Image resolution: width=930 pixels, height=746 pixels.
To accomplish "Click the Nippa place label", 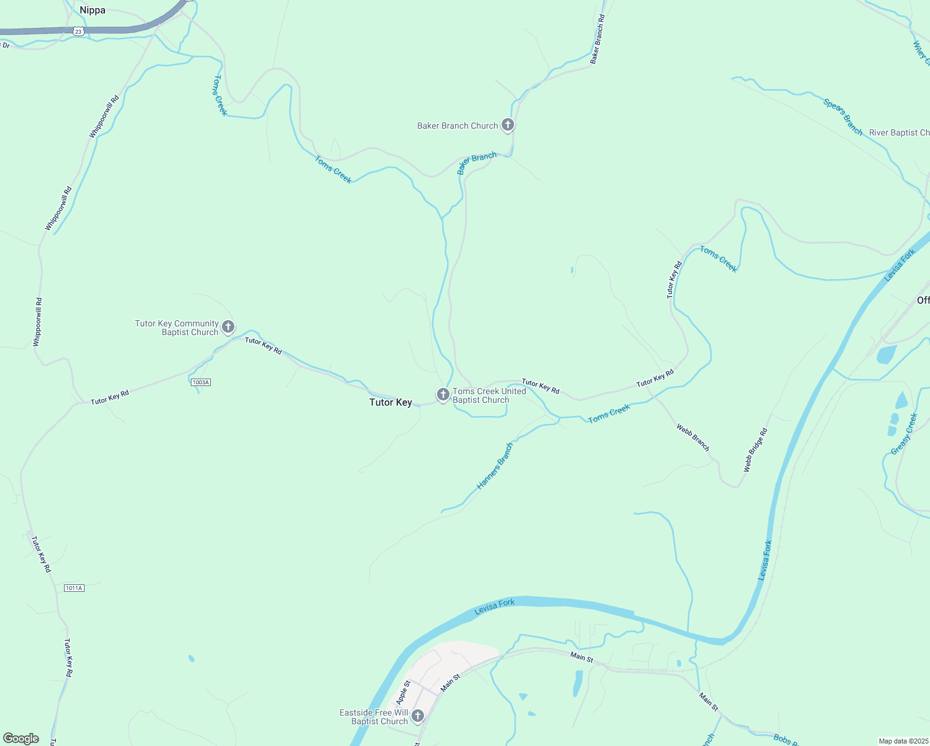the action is [93, 10].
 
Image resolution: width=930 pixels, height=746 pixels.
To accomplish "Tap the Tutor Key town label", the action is [390, 402].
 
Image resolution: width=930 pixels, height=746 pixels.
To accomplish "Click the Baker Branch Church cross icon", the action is [508, 126].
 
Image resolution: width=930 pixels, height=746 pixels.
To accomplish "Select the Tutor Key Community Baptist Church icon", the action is [228, 327].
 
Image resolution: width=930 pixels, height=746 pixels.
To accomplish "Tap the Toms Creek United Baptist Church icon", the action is [443, 395].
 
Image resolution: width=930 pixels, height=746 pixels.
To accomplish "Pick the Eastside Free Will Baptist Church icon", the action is [418, 716].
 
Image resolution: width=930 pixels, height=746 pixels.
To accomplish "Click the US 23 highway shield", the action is [78, 31].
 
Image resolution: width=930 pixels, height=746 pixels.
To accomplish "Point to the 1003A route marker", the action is [201, 382].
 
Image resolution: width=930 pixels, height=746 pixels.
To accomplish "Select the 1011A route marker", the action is [74, 587].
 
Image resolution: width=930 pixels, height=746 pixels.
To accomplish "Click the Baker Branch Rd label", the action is [597, 39].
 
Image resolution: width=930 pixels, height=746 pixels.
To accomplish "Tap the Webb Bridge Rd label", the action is [756, 449].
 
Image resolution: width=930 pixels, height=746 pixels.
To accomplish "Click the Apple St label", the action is [403, 693].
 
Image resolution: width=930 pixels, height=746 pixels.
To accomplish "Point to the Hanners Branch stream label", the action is [495, 466].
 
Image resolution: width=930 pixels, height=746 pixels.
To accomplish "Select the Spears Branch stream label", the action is [843, 117].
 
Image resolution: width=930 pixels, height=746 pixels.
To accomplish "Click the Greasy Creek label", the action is [905, 434].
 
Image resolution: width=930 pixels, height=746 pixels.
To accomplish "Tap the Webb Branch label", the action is [693, 438].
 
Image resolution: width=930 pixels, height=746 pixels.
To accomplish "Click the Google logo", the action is [21, 739].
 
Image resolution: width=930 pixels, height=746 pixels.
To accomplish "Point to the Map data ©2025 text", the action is [903, 741].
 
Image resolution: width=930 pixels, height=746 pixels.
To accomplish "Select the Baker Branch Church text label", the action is [458, 126].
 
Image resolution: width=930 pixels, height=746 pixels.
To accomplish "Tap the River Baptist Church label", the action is [899, 132].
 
